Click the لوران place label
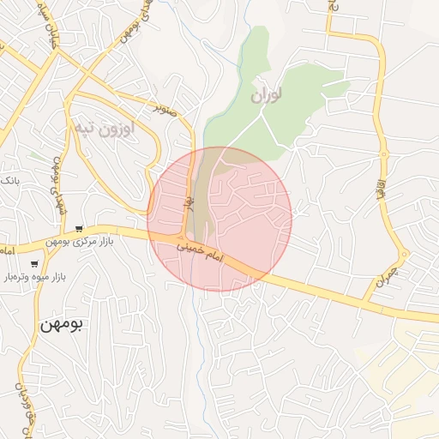(x=266, y=95)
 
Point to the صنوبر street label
(x=165, y=110)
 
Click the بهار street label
(x=190, y=203)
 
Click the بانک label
(x=9, y=180)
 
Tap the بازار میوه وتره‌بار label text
(x=61, y=278)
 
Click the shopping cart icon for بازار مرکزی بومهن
(x=79, y=228)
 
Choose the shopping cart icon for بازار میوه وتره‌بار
(x=34, y=263)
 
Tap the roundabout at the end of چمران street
(x=403, y=254)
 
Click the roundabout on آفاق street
(x=383, y=154)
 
